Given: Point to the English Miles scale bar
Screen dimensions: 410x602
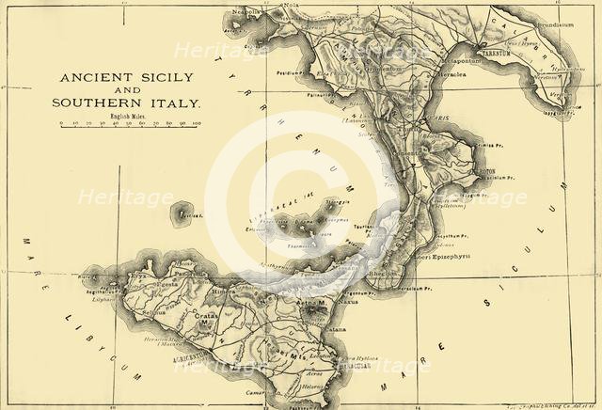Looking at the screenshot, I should coord(128,122).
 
